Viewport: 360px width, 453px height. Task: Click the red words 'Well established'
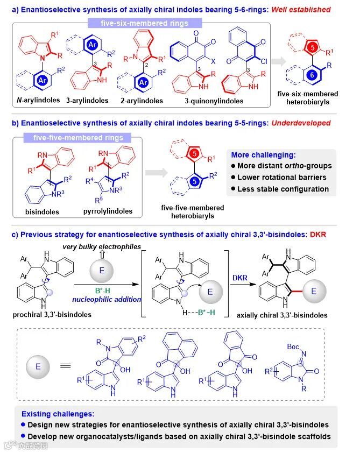(x=305, y=7)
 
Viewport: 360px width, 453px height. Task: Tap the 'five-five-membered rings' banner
(x=88, y=138)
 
